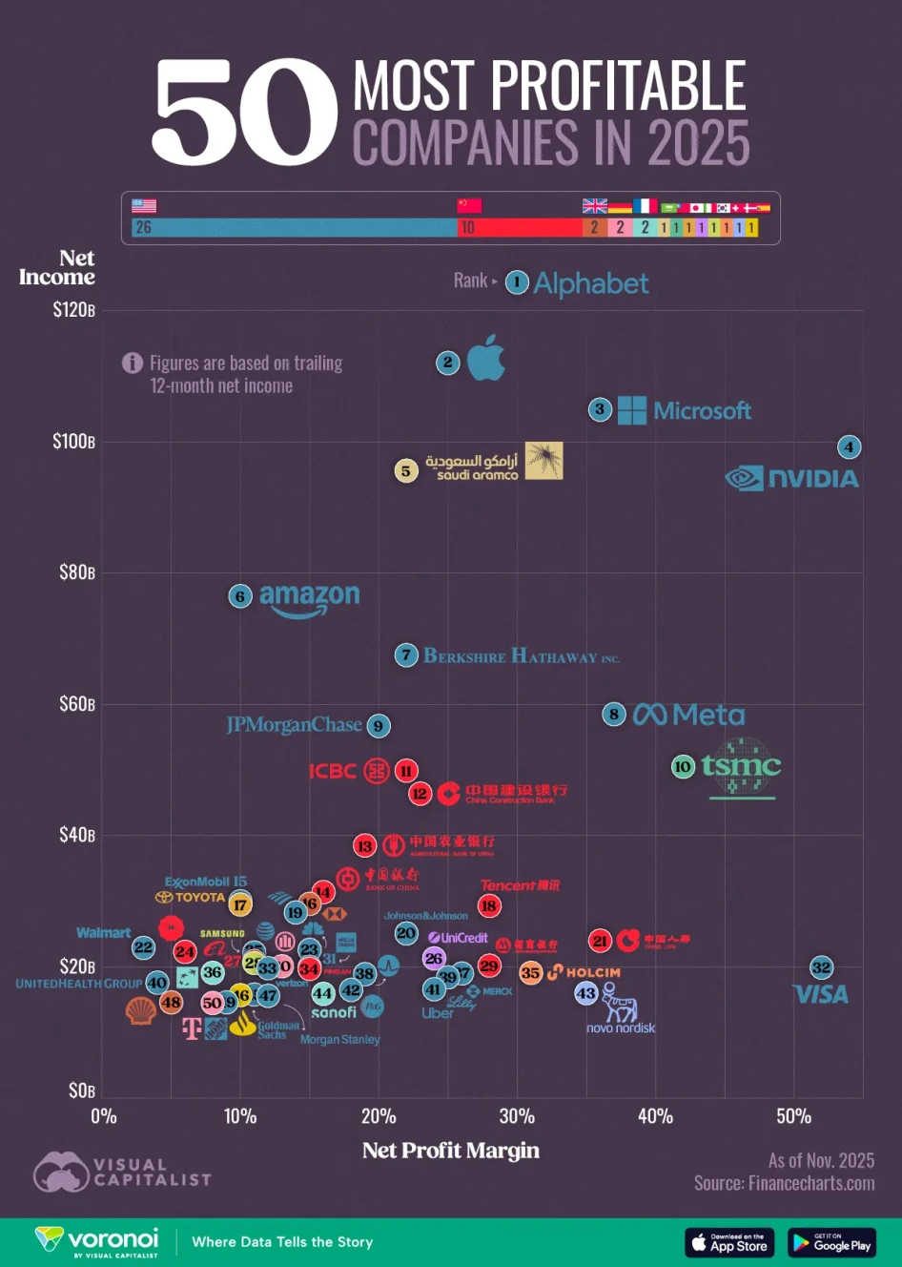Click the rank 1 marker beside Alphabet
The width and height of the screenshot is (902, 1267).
(517, 281)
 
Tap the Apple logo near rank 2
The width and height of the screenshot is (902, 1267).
(486, 359)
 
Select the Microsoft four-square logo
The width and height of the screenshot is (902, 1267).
(631, 410)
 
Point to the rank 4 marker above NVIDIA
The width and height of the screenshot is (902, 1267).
(849, 447)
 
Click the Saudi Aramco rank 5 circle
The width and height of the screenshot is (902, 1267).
(406, 470)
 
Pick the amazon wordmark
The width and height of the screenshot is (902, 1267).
(309, 598)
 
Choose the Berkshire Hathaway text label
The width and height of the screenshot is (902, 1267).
(521, 656)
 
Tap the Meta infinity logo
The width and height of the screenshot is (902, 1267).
(649, 714)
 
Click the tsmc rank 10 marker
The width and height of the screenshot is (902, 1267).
(683, 766)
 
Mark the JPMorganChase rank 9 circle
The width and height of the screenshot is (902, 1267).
(379, 726)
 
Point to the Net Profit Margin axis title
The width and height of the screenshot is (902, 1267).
(451, 1151)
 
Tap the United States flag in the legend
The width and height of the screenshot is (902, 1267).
(144, 205)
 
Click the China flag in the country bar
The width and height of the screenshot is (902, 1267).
(469, 205)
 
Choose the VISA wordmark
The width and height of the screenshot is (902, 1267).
(821, 994)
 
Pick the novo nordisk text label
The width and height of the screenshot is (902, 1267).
(621, 1028)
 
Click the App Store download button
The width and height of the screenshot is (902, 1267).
(729, 1242)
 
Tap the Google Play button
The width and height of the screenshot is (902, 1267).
(831, 1242)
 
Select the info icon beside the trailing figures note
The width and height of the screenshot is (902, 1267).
(133, 363)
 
